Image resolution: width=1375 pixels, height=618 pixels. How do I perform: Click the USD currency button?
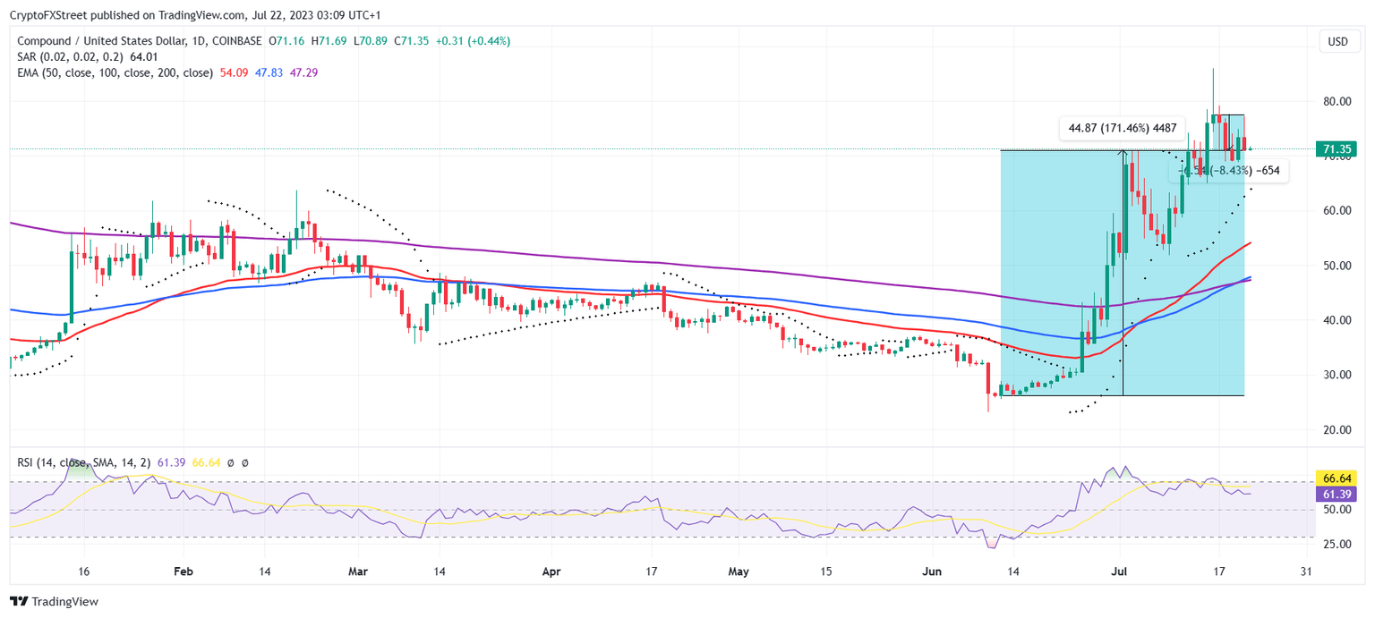click(x=1337, y=41)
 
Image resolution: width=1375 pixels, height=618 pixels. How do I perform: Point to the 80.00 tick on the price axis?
click(x=1338, y=101)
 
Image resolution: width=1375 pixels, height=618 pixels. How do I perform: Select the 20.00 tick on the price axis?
click(x=1338, y=429)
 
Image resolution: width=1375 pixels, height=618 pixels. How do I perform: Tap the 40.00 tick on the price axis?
click(x=1338, y=320)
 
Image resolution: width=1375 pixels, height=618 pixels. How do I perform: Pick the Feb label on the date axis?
click(x=183, y=571)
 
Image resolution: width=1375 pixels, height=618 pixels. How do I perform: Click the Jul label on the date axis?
click(x=1120, y=571)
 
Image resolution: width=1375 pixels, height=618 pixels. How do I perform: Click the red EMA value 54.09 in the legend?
click(x=234, y=72)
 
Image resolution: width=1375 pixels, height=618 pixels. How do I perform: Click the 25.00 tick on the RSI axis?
click(x=1338, y=543)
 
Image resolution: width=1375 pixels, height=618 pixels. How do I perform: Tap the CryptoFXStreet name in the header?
click(x=47, y=13)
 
